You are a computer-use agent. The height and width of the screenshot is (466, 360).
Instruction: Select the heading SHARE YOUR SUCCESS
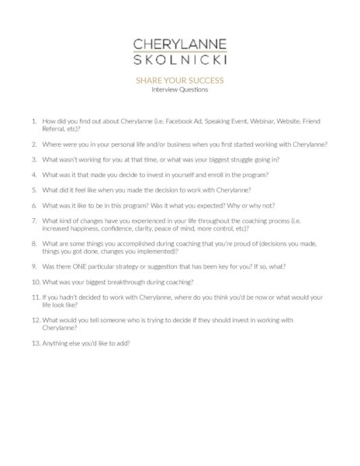(x=179, y=81)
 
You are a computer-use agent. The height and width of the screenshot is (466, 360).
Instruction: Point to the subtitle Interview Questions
(x=179, y=89)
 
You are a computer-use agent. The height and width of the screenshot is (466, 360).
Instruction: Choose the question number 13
(x=33, y=343)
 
